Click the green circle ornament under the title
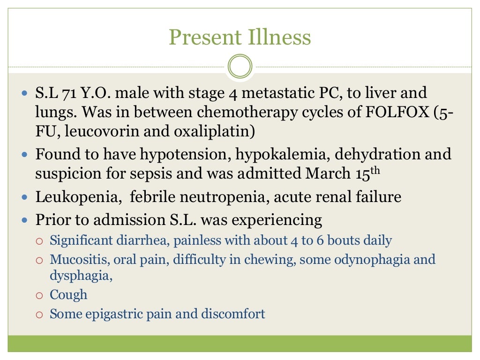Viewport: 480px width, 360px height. pyautogui.click(x=240, y=66)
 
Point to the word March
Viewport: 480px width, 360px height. pyautogui.click(x=326, y=173)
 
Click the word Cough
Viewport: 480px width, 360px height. pyautogui.click(x=68, y=295)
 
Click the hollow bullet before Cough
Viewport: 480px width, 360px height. pyautogui.click(x=40, y=295)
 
